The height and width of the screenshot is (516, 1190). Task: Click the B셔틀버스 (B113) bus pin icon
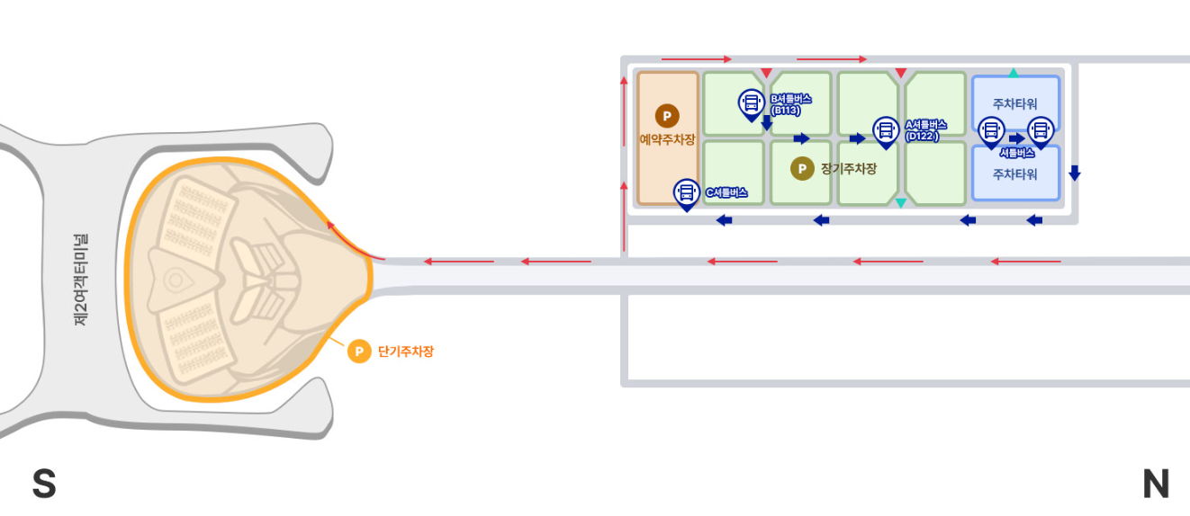click(751, 103)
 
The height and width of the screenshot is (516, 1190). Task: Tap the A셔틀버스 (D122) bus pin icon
click(886, 131)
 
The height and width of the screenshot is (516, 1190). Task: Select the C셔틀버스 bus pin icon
click(687, 192)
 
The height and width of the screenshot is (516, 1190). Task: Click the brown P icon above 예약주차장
click(667, 116)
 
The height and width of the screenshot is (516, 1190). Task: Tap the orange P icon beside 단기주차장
click(359, 351)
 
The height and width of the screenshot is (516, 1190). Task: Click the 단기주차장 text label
click(405, 351)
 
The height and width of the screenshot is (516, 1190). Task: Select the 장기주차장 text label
click(848, 168)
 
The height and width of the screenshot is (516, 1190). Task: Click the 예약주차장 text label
click(667, 140)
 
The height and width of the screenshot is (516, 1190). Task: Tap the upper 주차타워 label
click(1014, 104)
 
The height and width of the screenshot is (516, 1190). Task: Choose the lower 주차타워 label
click(1014, 174)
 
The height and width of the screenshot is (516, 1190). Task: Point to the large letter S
click(44, 484)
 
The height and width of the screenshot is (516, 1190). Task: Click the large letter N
click(1156, 484)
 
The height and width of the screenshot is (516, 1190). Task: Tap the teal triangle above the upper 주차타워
click(1014, 73)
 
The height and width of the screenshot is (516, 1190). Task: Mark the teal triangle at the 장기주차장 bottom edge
click(900, 203)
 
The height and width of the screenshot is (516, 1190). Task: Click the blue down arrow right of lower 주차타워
click(1074, 173)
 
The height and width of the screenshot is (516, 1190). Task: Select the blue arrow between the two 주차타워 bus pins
click(1016, 138)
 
